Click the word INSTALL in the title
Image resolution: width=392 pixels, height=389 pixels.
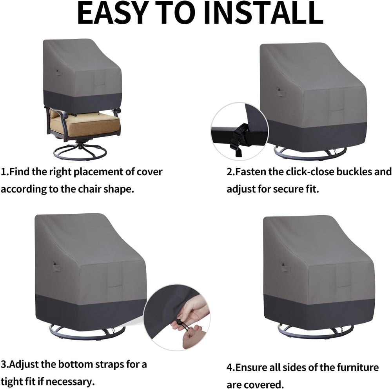[264, 13]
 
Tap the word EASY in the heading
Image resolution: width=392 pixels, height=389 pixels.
[112, 13]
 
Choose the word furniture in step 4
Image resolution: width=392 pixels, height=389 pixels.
[358, 367]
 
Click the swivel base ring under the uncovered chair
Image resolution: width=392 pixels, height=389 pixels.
[80, 152]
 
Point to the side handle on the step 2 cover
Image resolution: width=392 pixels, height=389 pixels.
[281, 92]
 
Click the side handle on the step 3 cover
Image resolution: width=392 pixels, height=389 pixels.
[57, 267]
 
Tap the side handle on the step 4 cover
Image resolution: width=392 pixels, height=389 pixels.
[285, 268]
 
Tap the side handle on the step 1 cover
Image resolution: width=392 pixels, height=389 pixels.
[58, 73]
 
